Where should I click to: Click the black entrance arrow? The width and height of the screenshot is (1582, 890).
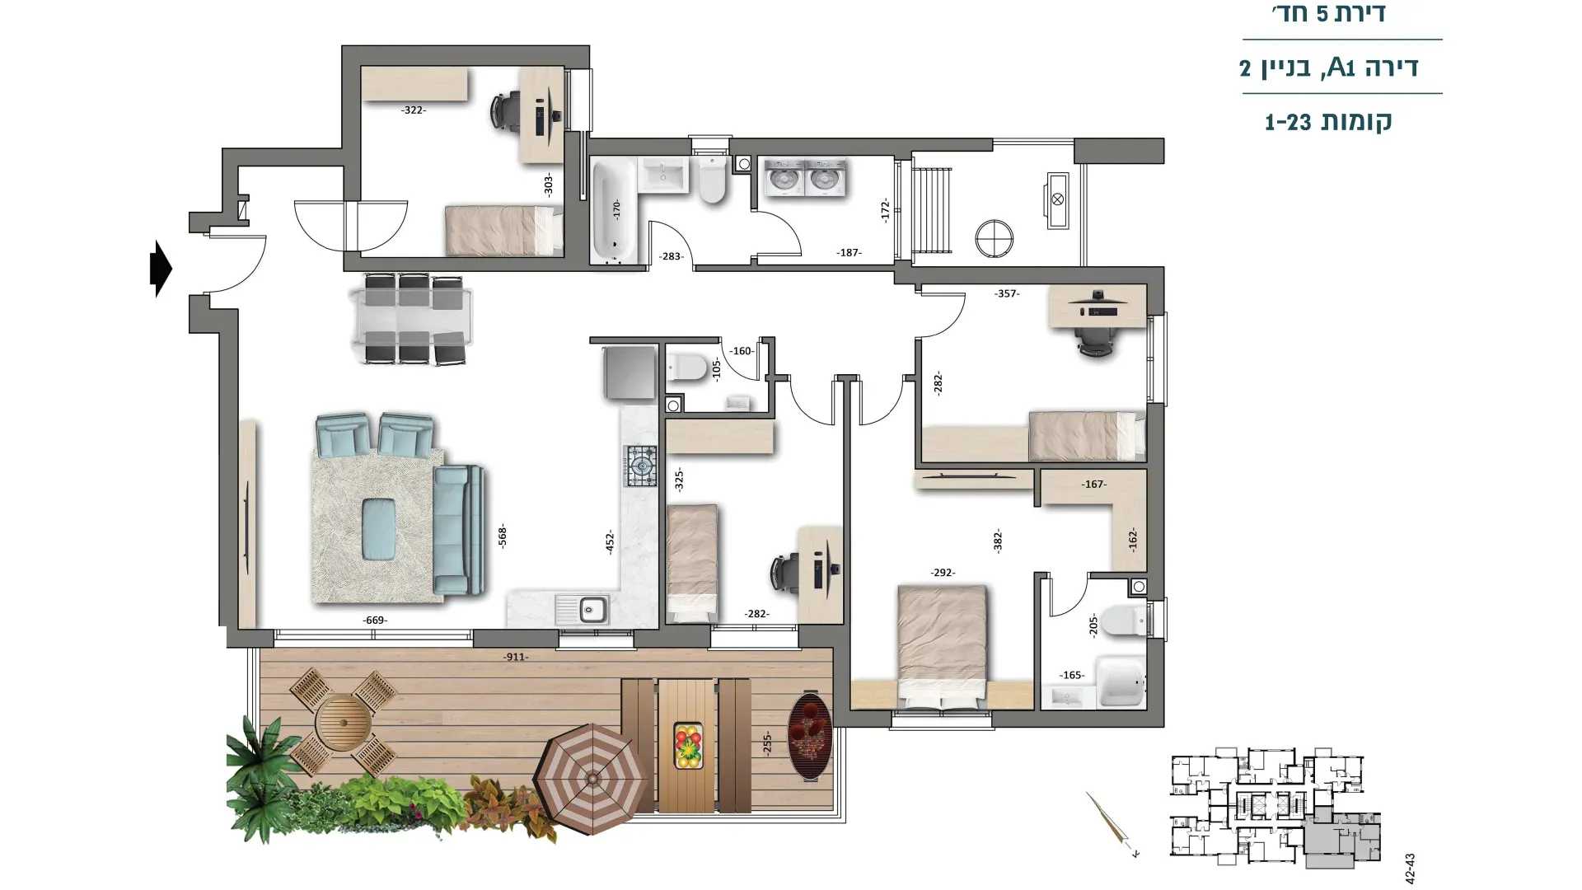click(161, 269)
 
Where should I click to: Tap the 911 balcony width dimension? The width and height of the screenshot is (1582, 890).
click(516, 657)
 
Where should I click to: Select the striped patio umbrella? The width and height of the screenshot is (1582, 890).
click(592, 779)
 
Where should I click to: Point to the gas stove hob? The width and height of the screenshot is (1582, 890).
click(641, 466)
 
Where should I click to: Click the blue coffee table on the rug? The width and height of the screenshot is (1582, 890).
click(379, 528)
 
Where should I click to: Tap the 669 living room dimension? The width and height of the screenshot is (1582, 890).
click(375, 621)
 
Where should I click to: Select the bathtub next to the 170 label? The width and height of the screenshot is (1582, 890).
click(613, 211)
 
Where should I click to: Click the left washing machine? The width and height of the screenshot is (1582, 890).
click(784, 178)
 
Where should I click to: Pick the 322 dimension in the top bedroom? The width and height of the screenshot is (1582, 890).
click(414, 110)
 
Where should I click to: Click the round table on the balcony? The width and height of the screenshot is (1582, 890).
click(343, 722)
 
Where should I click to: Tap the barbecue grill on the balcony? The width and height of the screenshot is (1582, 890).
click(809, 736)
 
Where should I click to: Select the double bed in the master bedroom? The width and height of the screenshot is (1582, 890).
click(942, 647)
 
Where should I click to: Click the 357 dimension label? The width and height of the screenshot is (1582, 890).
click(1007, 293)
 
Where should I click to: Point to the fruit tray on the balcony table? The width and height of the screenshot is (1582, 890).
click(688, 745)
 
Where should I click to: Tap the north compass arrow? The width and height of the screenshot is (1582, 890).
click(1112, 825)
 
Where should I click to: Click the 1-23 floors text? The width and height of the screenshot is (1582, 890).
click(1328, 122)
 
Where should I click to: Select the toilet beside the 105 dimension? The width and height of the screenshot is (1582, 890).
click(686, 366)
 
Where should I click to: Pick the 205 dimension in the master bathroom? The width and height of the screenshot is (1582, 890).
click(1093, 624)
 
